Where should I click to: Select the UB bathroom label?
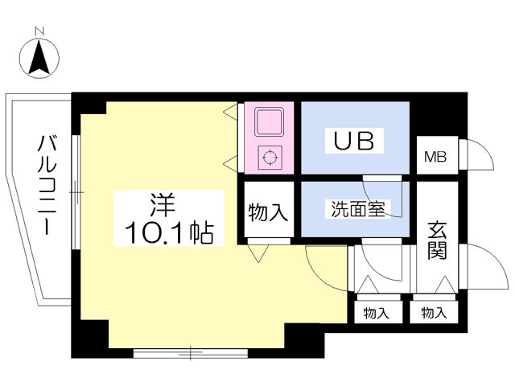(x=354, y=142)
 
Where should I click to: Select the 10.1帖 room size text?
(x=168, y=234)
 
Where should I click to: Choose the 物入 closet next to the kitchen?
(x=267, y=213)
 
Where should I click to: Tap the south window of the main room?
(x=191, y=351)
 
